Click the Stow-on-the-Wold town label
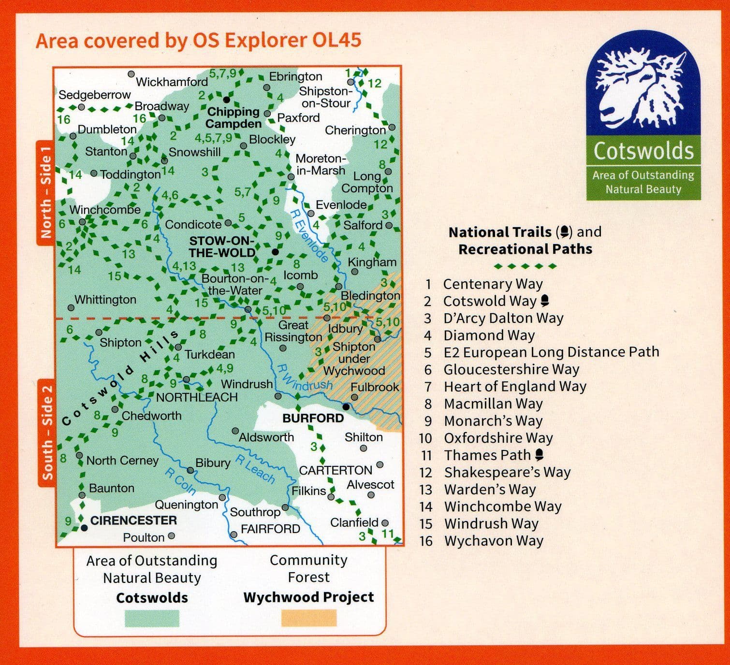[x=222, y=247]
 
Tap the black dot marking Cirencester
[x=84, y=527]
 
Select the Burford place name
[x=313, y=418]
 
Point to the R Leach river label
[x=255, y=469]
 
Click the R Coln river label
[x=180, y=481]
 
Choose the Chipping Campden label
[x=234, y=118]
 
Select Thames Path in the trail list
[x=482, y=455]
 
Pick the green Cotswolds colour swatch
[x=152, y=618]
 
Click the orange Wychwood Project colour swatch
[x=308, y=618]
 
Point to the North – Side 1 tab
[x=46, y=193]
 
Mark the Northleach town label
[x=196, y=397]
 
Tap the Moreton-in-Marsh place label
[x=320, y=164]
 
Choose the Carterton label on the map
[x=336, y=470]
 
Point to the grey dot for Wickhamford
[x=131, y=74]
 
